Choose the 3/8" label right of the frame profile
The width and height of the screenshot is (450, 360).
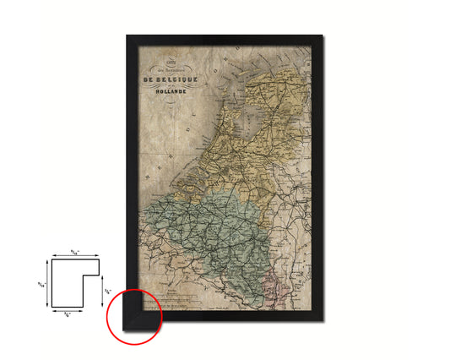[107, 292]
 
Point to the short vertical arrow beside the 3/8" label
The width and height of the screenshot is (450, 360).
[101, 292]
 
